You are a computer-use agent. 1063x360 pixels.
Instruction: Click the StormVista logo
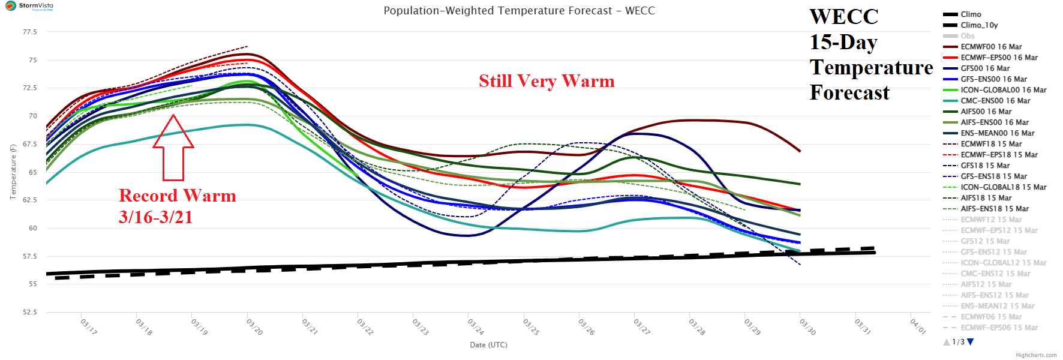pos(29,6)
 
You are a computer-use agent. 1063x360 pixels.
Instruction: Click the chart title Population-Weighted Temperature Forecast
pos(519,11)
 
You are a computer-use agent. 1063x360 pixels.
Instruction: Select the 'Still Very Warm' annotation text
pos(546,81)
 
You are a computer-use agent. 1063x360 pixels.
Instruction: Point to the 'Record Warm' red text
pos(178,196)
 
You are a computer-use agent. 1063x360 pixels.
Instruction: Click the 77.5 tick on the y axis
pos(30,32)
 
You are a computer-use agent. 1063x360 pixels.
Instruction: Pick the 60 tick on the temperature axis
pos(32,228)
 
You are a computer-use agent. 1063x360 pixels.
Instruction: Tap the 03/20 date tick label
pos(255,327)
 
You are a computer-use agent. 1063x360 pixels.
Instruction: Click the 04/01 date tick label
pos(918,327)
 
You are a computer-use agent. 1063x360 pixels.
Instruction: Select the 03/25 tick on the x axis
pos(531,327)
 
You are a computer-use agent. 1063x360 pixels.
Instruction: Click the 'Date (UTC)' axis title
pos(488,345)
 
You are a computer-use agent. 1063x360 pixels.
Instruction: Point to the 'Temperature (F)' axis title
pos(13,172)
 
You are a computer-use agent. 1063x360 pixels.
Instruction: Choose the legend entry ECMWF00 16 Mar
pos(991,47)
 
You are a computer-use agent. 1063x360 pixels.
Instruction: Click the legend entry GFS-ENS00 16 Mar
pos(993,79)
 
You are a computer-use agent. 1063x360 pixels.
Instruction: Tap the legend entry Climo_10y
pos(979,25)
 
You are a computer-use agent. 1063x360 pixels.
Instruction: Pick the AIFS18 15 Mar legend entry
pos(986,198)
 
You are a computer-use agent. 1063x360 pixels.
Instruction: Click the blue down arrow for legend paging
pos(971,342)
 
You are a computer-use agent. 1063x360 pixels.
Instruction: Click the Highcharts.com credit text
pos(1036,355)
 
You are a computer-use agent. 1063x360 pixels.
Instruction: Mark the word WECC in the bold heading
pos(843,17)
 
